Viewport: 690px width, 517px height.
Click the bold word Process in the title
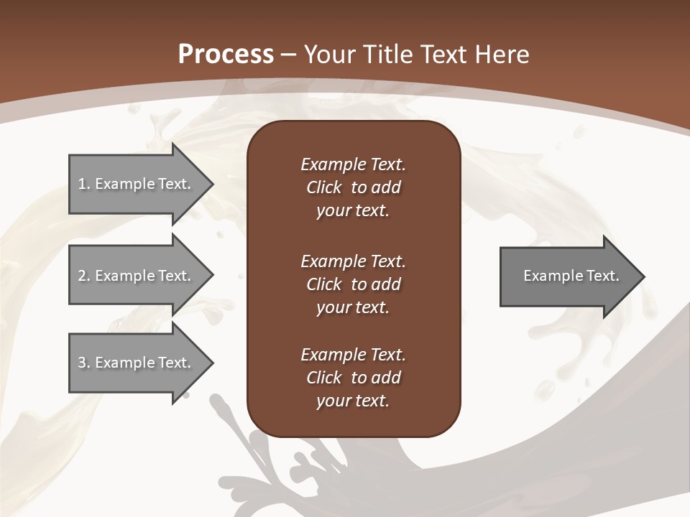tap(226, 55)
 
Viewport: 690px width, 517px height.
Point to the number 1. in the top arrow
tap(84, 184)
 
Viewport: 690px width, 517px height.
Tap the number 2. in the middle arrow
tap(84, 276)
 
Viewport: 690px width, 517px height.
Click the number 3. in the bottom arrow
tap(84, 363)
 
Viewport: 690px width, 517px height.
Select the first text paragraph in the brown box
tap(353, 187)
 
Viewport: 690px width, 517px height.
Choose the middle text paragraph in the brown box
tap(353, 284)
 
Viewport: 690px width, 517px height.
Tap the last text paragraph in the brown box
tap(353, 378)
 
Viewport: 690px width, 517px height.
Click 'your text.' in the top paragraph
tap(353, 211)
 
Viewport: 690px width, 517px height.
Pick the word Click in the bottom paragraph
tap(323, 378)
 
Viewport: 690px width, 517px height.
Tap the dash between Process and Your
tap(289, 55)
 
